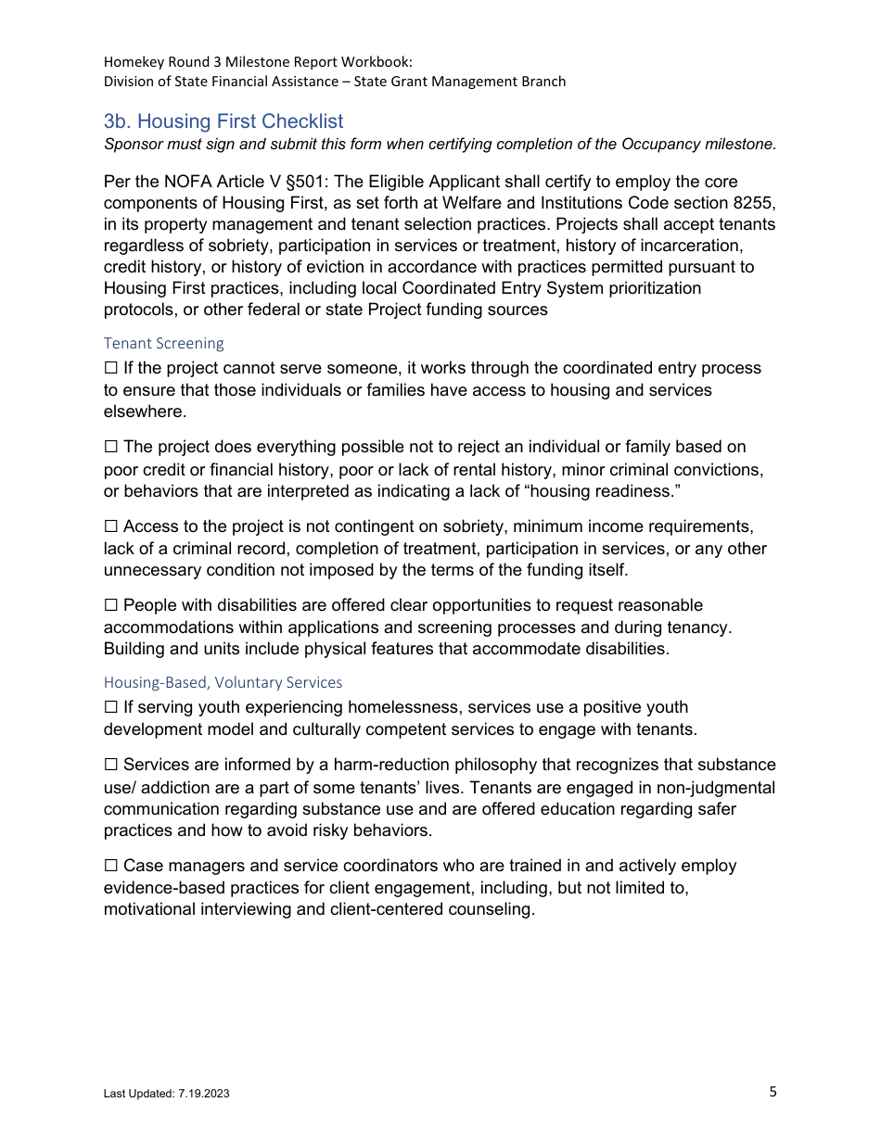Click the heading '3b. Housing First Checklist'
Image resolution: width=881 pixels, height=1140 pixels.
(x=223, y=121)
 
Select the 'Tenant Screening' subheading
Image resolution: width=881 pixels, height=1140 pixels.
(x=164, y=343)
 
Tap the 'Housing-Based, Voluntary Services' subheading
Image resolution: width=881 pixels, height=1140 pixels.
(x=223, y=682)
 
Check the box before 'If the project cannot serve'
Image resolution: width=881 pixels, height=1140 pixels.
(x=111, y=369)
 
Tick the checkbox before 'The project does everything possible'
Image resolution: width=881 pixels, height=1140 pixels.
(x=111, y=448)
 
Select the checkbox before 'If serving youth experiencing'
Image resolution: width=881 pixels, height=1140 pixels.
(x=111, y=708)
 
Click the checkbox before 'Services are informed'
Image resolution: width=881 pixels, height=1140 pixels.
(x=111, y=766)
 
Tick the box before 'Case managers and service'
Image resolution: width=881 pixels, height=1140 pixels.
(x=111, y=867)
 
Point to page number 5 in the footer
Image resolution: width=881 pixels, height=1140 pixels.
(x=772, y=1092)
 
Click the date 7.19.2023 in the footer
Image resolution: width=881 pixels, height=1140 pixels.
(x=202, y=1094)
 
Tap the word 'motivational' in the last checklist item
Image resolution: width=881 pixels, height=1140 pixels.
(x=149, y=909)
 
